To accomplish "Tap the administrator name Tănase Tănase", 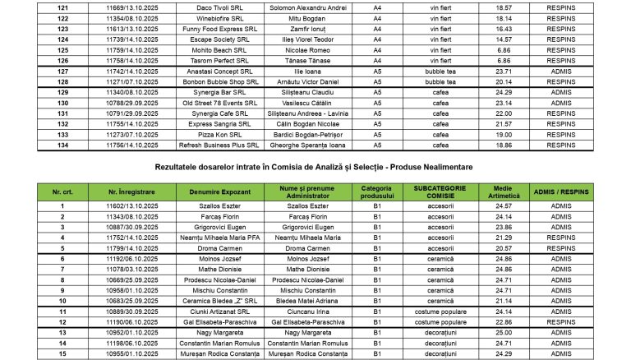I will coord(303,60).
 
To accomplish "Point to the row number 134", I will coord(62,145).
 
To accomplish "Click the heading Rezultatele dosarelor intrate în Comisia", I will coord(315,168).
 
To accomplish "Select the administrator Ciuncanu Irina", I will coord(303,312).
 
